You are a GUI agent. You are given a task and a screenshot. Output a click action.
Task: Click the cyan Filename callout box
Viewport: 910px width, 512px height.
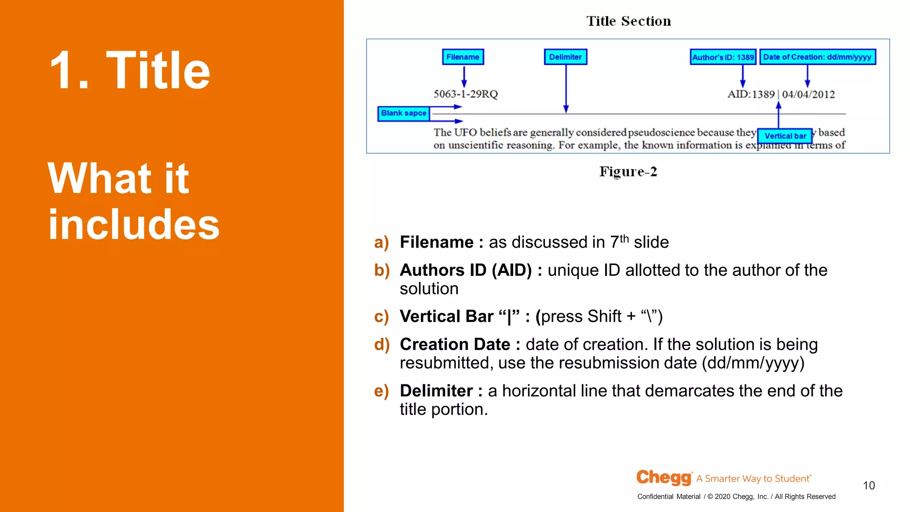(x=463, y=57)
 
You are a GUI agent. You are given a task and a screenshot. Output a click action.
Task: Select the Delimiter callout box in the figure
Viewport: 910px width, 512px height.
(x=565, y=57)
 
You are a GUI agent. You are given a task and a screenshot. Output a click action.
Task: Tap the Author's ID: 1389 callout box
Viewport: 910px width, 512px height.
(x=723, y=57)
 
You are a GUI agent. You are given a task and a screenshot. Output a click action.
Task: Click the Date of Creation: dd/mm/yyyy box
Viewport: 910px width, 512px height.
(x=817, y=57)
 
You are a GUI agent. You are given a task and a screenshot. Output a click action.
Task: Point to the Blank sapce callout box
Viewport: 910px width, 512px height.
(x=403, y=113)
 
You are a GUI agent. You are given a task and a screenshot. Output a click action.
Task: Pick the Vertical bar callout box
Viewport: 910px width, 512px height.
(x=785, y=136)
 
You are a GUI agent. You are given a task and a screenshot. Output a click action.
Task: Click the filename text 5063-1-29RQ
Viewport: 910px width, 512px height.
(x=465, y=94)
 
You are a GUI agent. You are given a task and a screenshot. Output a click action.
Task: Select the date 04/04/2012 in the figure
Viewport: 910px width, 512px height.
(x=808, y=94)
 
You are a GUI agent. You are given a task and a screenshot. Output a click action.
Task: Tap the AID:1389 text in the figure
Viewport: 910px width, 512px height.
(x=751, y=94)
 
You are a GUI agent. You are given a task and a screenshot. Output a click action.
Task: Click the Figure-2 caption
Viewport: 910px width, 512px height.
(x=628, y=172)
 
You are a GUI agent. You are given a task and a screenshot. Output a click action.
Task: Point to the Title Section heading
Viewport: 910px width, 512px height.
(x=628, y=21)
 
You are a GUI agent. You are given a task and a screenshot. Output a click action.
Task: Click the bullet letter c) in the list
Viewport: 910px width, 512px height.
(x=381, y=316)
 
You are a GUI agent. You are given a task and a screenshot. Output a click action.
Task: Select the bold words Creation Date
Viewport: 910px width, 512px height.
(x=455, y=344)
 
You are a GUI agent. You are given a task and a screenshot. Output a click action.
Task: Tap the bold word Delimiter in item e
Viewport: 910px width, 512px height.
(x=436, y=391)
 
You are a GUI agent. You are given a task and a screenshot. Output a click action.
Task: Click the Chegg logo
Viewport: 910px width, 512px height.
(x=664, y=477)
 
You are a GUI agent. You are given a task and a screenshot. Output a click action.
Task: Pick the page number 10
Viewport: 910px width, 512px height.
(x=869, y=485)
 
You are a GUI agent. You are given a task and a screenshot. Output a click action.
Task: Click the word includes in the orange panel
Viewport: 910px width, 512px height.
(x=133, y=224)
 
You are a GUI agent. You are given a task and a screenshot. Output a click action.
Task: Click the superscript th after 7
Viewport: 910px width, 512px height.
(x=624, y=238)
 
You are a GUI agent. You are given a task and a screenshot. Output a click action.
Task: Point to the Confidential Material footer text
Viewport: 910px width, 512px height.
(x=668, y=496)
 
